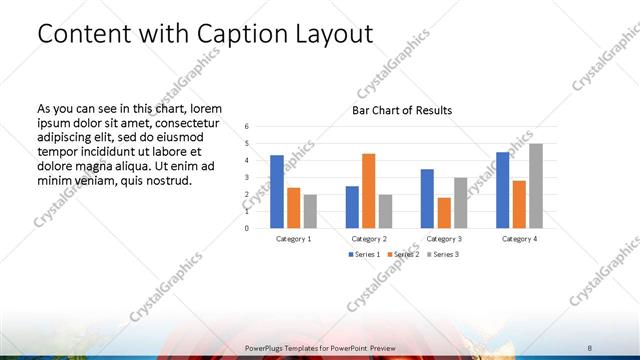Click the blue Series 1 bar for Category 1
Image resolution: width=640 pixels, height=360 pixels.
coord(276,191)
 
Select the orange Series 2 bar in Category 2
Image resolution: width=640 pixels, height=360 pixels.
coord(368,190)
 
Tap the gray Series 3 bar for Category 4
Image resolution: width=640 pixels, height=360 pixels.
coord(536,186)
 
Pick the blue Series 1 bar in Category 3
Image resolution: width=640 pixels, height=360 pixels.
coord(427,198)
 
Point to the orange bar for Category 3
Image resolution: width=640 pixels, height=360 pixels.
coord(444,212)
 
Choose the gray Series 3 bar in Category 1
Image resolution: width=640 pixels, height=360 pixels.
coord(310,211)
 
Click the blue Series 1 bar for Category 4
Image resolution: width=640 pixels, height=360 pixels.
coord(502,190)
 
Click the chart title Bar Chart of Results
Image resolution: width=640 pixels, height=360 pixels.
coord(402,110)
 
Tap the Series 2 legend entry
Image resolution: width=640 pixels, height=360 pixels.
coord(403,254)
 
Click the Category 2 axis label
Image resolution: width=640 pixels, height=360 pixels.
coord(368,239)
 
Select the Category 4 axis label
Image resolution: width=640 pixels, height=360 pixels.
coord(519,239)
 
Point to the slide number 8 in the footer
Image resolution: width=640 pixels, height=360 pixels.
coord(590,347)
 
